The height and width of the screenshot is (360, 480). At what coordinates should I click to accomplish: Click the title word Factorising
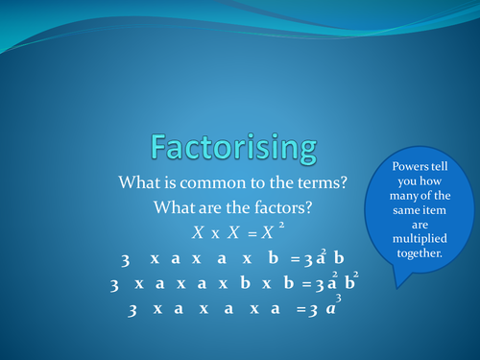point(231,146)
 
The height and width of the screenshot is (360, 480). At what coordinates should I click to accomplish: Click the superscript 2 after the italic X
point(281,226)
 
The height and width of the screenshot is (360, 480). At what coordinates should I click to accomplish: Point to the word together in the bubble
point(416,254)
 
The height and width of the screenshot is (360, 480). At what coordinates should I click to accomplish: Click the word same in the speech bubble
point(401,210)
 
